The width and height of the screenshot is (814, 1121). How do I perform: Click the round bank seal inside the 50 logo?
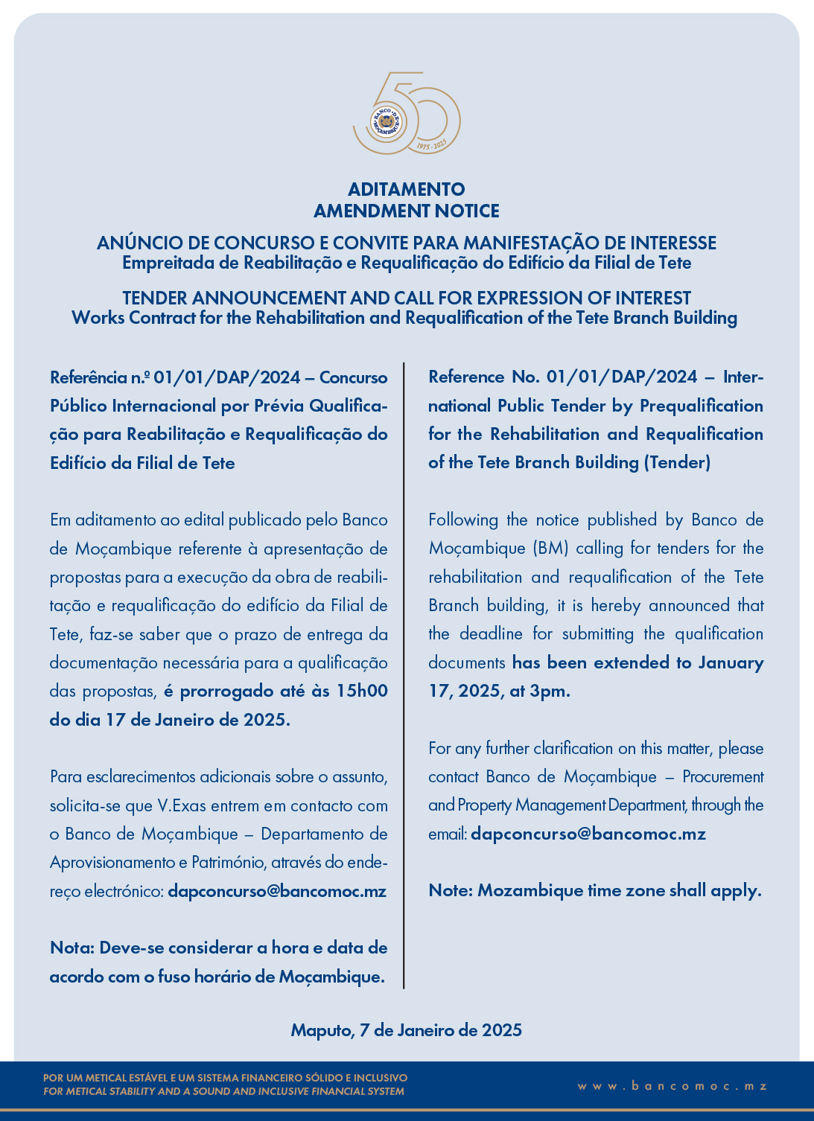coord(385,121)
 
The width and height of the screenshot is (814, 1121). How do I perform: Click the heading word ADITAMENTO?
coord(407,189)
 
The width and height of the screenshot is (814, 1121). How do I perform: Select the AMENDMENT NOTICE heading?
coord(407,211)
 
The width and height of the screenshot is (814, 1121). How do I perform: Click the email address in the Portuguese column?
coord(277,891)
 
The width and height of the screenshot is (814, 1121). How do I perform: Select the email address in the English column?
coord(588,834)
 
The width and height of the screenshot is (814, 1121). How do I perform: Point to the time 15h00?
coord(362,691)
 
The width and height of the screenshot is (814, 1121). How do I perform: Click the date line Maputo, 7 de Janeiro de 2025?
coord(407,1030)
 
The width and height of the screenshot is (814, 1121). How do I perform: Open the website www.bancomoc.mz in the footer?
coord(672,1086)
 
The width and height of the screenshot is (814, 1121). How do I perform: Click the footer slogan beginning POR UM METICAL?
coord(226,1078)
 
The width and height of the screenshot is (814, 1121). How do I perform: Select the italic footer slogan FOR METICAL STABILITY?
coord(223,1092)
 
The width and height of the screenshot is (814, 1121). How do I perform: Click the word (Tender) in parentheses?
coord(678,462)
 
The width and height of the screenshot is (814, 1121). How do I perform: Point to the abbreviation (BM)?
coord(550,549)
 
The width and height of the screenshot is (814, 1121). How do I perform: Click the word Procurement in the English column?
coord(723,777)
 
